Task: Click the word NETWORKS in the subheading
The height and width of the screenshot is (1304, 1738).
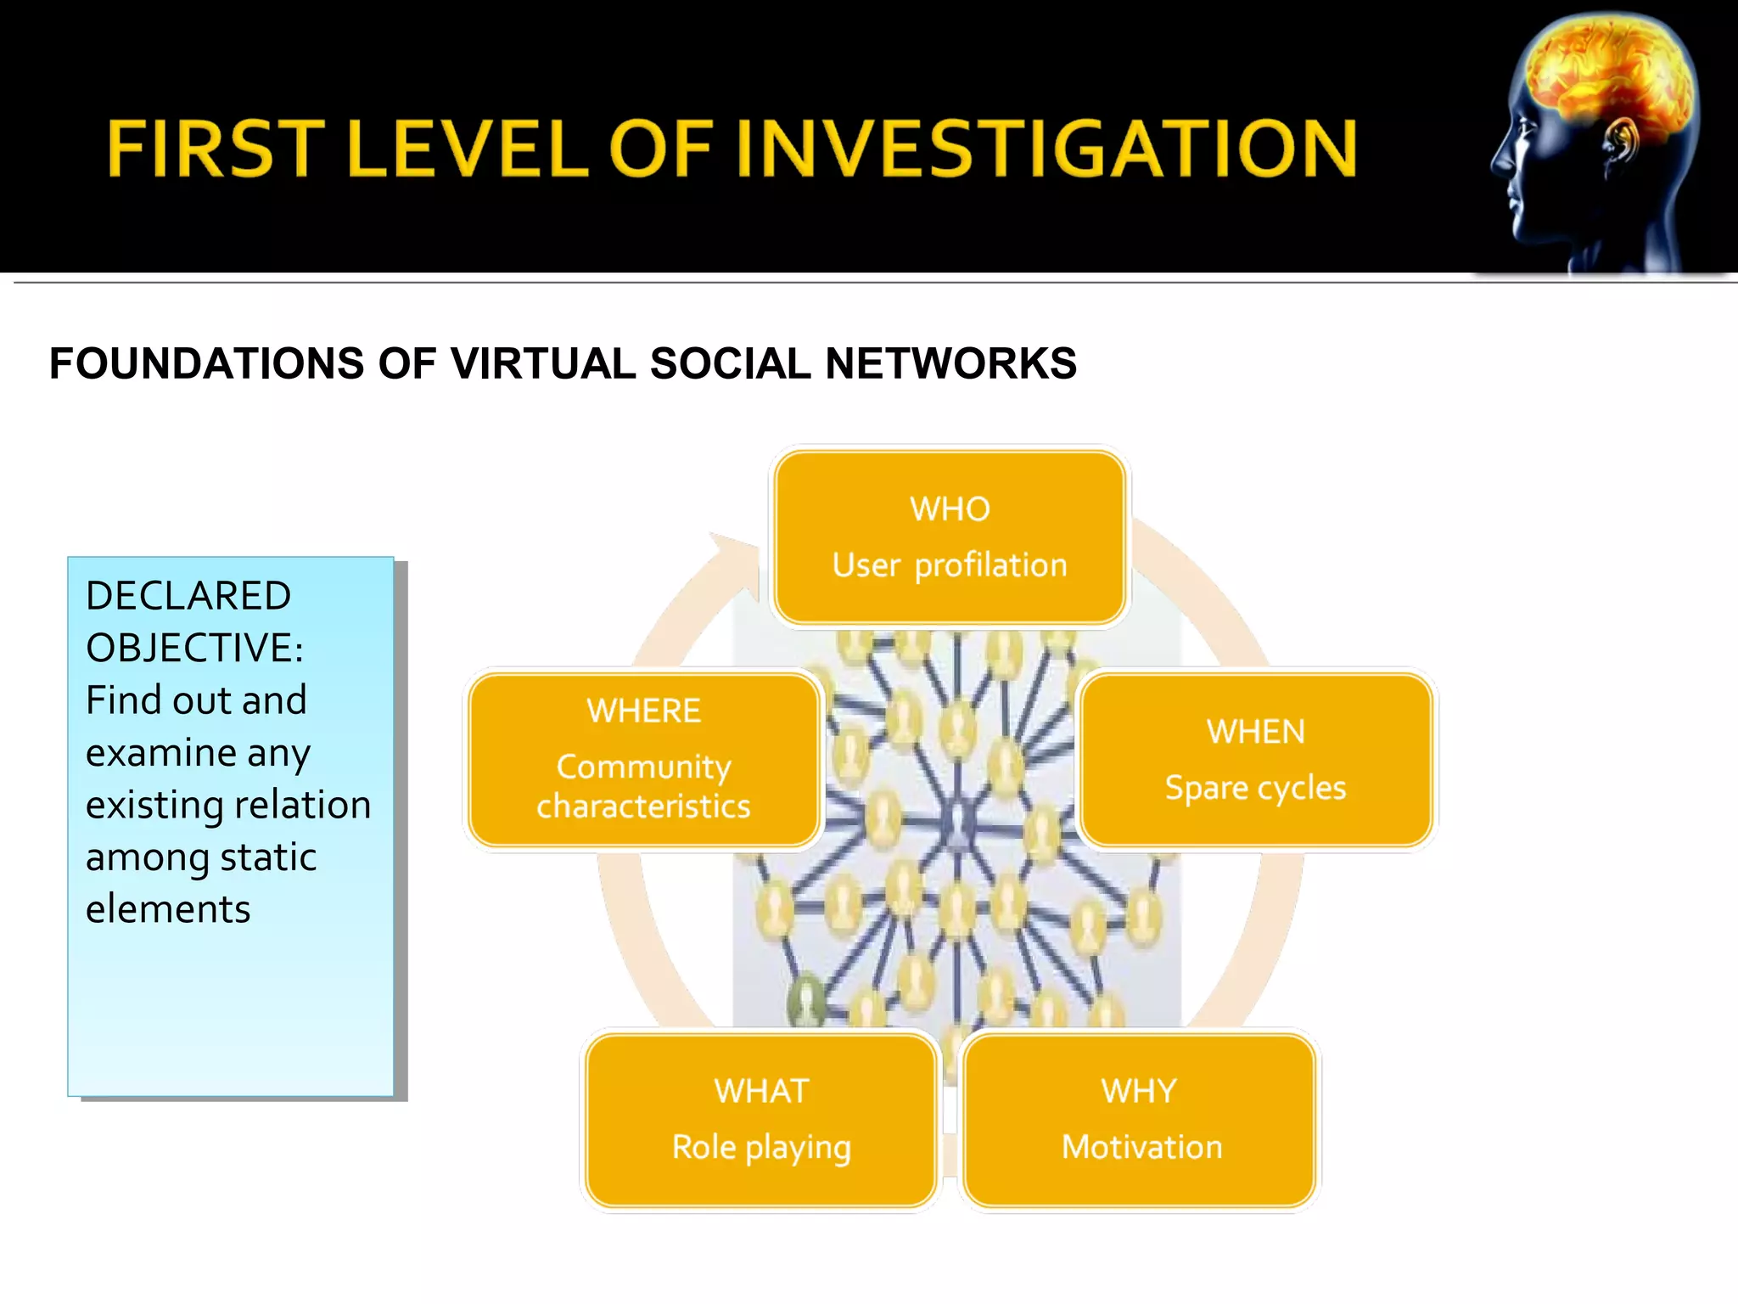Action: (x=950, y=363)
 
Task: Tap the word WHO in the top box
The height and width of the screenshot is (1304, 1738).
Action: (x=950, y=509)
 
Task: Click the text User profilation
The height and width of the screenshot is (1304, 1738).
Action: (x=950, y=565)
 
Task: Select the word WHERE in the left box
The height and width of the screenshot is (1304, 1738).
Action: (x=643, y=711)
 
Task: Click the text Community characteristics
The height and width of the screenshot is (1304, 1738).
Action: (x=643, y=786)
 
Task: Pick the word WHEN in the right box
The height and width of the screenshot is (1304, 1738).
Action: (x=1256, y=732)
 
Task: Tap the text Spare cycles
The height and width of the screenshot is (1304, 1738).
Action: (x=1255, y=788)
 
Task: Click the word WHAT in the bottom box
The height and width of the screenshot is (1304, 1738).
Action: (x=761, y=1091)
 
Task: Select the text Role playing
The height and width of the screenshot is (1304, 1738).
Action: (x=761, y=1147)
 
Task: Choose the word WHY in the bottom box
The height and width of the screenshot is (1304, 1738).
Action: (x=1139, y=1091)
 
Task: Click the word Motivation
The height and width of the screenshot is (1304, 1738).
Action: (x=1141, y=1147)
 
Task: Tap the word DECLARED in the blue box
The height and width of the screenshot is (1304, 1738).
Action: (x=188, y=596)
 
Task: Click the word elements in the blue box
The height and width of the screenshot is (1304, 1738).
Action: (x=168, y=909)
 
